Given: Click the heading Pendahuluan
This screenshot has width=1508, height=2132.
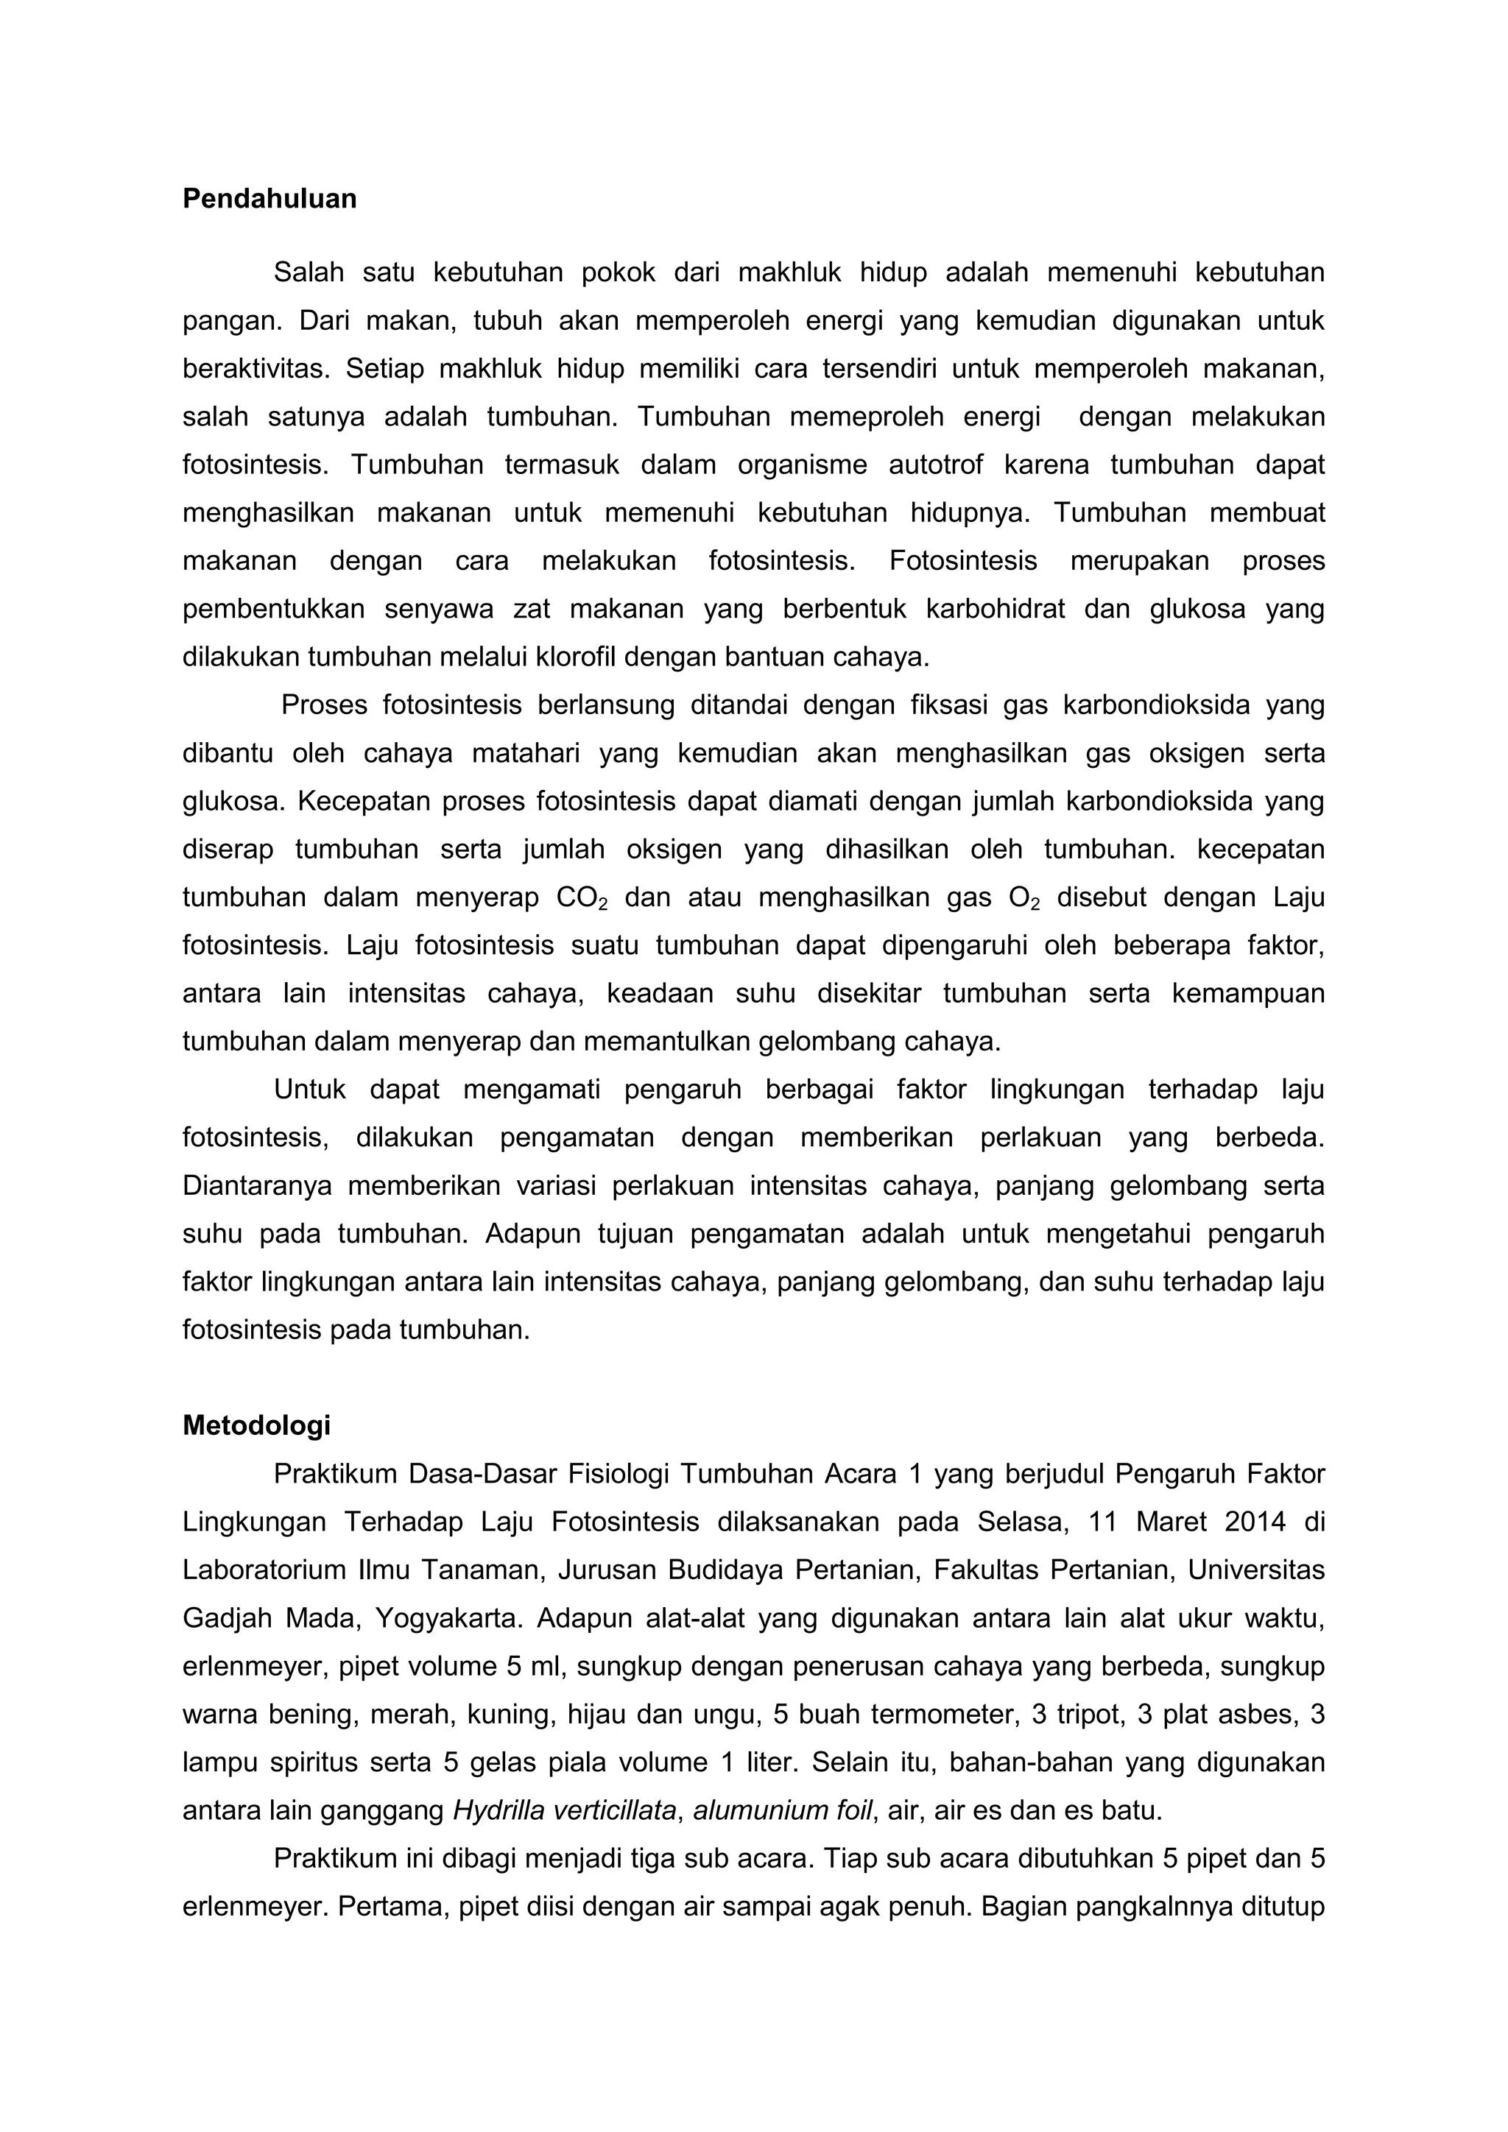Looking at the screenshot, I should pos(269,199).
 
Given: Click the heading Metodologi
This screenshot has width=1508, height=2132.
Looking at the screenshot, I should pos(256,1425).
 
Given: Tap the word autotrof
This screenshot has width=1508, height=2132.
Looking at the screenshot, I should pos(935,465).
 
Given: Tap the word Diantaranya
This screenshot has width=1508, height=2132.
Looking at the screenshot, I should pos(256,1187).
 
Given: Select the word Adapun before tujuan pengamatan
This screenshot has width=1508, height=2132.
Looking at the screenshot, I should pos(535,1234).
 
